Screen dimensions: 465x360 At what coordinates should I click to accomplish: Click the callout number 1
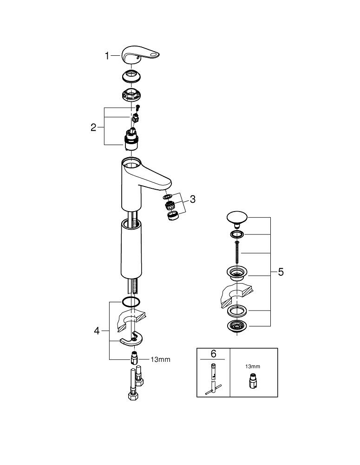pyautogui.click(x=107, y=56)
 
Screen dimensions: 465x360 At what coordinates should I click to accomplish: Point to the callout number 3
pyautogui.click(x=192, y=199)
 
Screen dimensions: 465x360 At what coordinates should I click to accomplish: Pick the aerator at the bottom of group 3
pyautogui.click(x=172, y=215)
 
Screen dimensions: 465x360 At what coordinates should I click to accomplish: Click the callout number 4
pyautogui.click(x=97, y=331)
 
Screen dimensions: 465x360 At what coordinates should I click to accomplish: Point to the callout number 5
pyautogui.click(x=281, y=272)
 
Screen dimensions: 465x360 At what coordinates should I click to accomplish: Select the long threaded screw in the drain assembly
pyautogui.click(x=237, y=253)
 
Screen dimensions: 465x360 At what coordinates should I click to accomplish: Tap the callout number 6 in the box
pyautogui.click(x=213, y=354)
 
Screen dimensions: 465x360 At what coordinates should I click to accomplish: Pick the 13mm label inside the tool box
pyautogui.click(x=253, y=366)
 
